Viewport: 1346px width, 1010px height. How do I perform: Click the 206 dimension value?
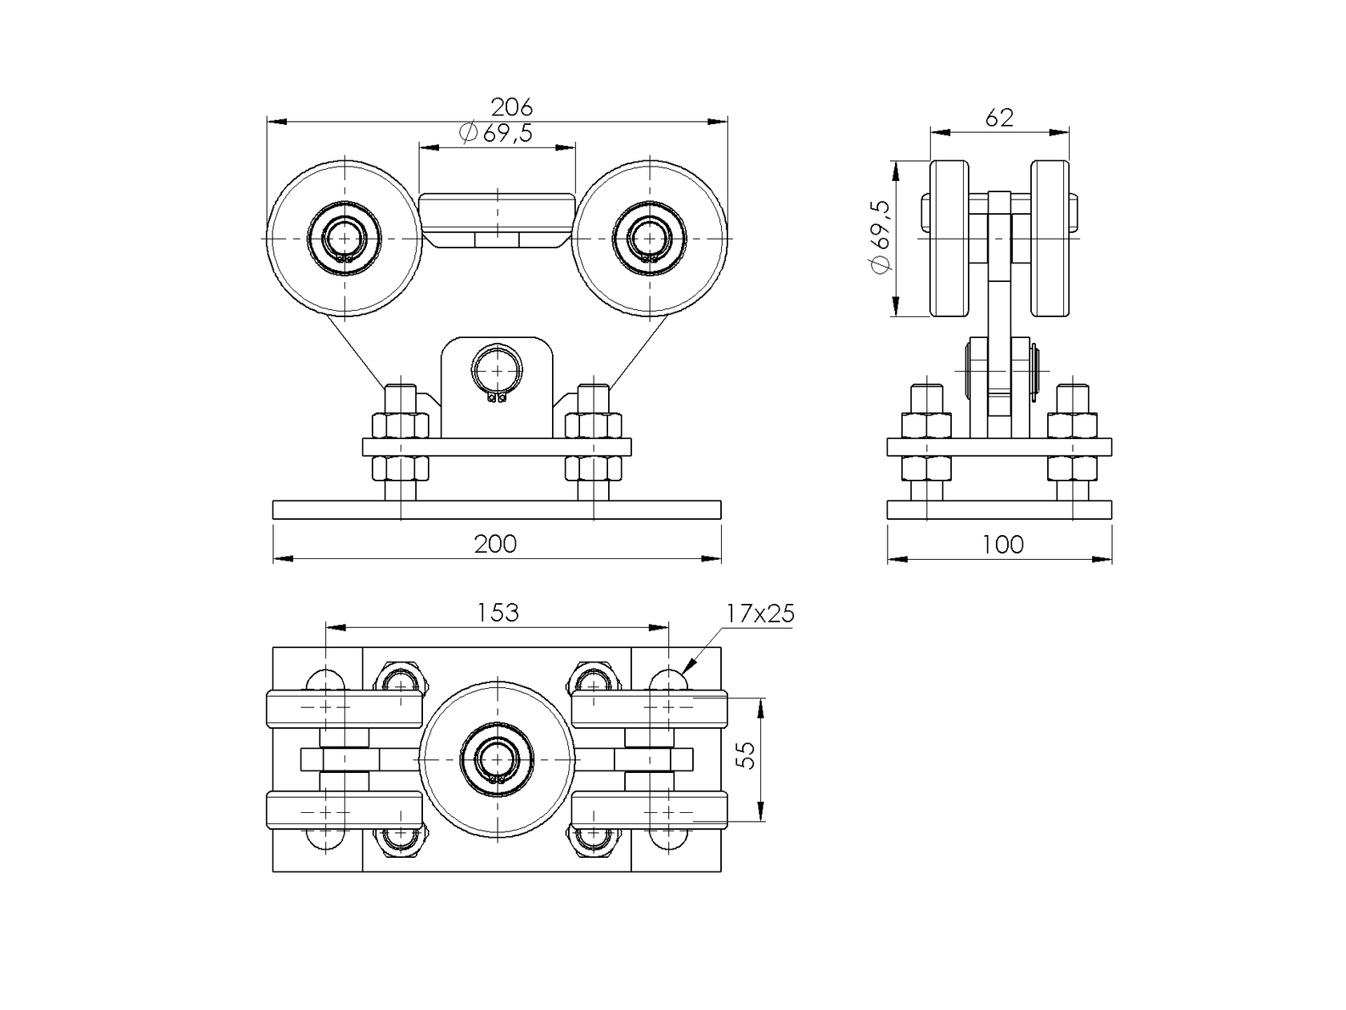[511, 107]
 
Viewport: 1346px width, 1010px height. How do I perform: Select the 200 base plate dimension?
[495, 544]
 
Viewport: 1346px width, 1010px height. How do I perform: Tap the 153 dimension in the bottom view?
[498, 613]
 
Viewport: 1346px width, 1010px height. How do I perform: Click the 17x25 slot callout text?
[760, 614]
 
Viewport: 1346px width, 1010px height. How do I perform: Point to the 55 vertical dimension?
[745, 755]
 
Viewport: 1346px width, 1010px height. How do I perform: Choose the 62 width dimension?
[999, 119]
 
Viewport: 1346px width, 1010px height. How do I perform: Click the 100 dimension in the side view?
[1002, 545]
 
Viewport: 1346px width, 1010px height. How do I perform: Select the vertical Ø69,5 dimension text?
[881, 237]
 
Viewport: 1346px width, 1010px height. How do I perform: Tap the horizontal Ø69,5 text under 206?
[497, 133]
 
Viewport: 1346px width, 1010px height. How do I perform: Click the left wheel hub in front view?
[344, 239]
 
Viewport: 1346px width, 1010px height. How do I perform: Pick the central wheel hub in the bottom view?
[497, 757]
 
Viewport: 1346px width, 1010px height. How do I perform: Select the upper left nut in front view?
[399, 425]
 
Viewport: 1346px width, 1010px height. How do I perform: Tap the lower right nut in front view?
[594, 467]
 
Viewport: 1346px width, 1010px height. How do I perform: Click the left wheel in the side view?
[949, 238]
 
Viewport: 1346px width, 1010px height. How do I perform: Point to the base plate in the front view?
[497, 510]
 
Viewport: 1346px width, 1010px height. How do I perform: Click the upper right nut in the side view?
[1071, 425]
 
